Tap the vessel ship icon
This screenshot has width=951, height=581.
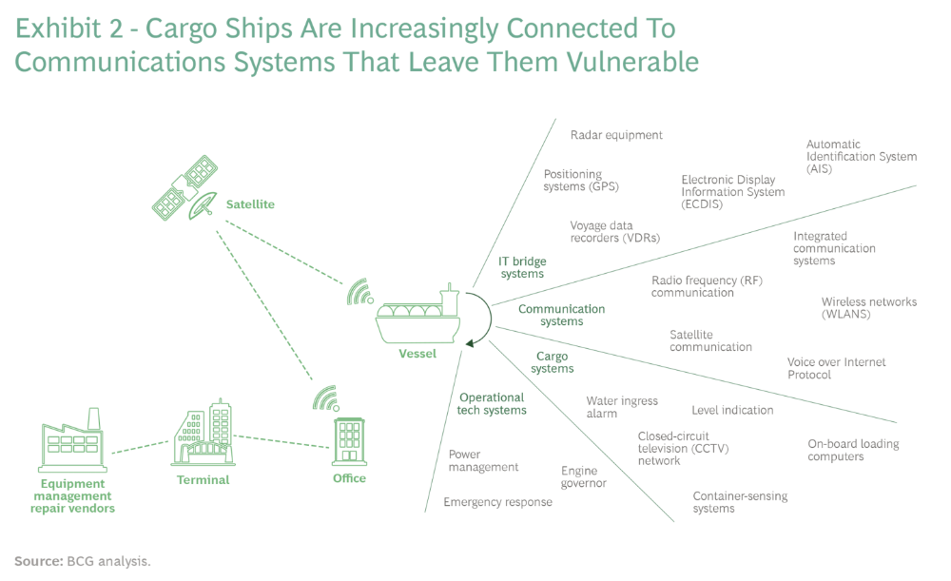click(x=418, y=315)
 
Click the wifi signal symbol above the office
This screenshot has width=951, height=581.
click(x=325, y=397)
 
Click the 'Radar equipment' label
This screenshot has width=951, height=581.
click(x=616, y=135)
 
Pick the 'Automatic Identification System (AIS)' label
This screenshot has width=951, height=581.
click(x=862, y=157)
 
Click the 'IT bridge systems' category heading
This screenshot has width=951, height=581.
click(x=522, y=267)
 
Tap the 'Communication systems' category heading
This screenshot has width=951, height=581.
click(x=561, y=315)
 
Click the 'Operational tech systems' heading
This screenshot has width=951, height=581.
click(x=492, y=404)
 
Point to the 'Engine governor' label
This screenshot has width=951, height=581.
click(x=583, y=476)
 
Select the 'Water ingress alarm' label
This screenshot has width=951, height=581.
click(x=622, y=407)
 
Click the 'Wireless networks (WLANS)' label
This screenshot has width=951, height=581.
click(x=869, y=308)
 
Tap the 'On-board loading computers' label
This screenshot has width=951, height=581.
click(x=853, y=450)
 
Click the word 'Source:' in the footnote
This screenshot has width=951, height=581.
click(x=38, y=561)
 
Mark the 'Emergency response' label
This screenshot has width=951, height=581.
click(x=497, y=502)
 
